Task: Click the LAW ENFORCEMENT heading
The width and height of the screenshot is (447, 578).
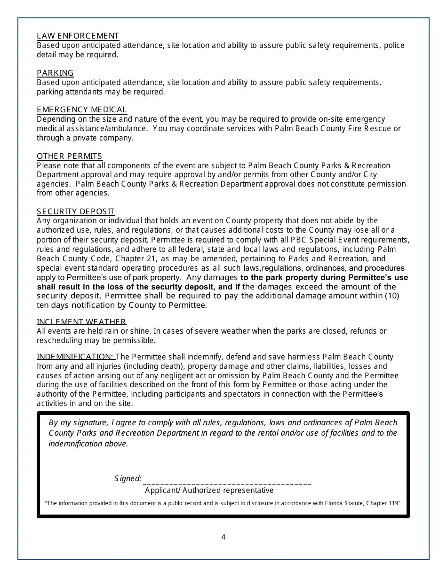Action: (78, 36)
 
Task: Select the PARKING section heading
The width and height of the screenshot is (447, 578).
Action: (55, 73)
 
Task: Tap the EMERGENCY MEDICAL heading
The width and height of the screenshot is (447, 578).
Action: (82, 109)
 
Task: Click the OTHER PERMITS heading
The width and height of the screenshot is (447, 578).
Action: (69, 156)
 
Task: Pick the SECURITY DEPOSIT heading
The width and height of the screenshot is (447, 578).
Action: (75, 211)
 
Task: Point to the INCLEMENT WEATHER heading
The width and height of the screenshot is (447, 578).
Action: (81, 321)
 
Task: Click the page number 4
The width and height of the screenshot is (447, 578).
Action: (223, 537)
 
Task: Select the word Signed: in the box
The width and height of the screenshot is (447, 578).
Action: (128, 478)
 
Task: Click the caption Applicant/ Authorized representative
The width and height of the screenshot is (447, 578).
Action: (209, 490)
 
